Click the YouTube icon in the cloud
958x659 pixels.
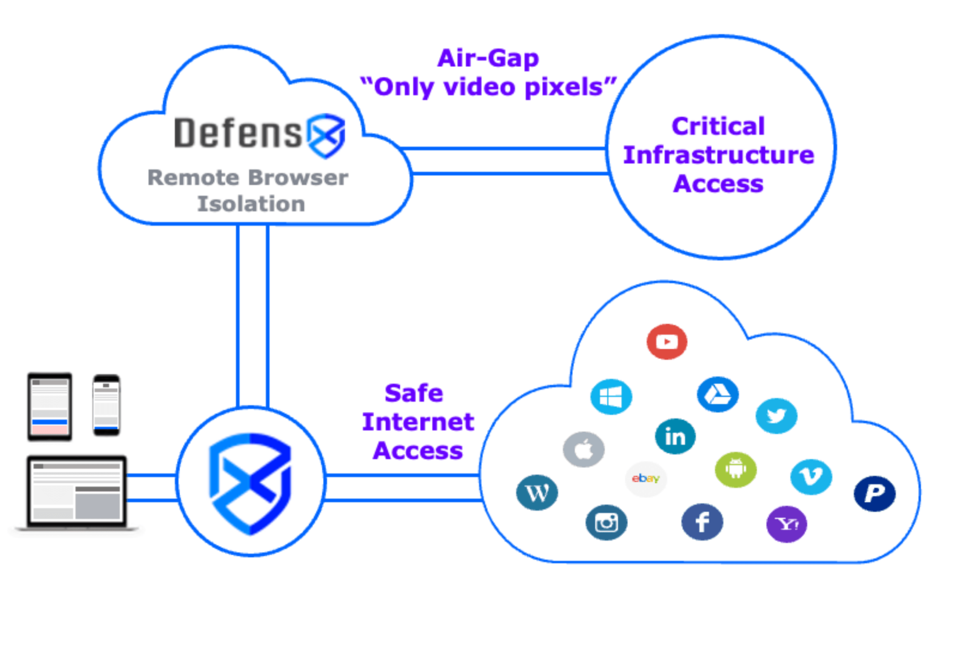[666, 342]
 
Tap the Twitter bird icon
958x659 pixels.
[776, 416]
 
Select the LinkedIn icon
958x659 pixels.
[675, 437]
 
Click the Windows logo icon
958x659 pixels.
[611, 397]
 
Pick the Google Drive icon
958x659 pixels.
[718, 395]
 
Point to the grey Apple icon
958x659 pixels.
[583, 449]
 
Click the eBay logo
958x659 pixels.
[646, 479]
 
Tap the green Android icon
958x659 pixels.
[735, 469]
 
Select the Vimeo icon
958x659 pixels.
[811, 477]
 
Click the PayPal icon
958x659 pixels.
[874, 493]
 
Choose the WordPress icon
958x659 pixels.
[537, 492]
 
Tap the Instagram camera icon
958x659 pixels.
[606, 523]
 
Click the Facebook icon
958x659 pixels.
[702, 522]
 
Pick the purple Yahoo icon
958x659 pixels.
[786, 524]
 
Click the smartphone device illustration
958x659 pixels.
[106, 405]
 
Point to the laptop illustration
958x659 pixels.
[77, 493]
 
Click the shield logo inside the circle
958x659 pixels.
[251, 483]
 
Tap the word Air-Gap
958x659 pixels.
[488, 58]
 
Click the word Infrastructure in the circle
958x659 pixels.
[718, 155]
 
